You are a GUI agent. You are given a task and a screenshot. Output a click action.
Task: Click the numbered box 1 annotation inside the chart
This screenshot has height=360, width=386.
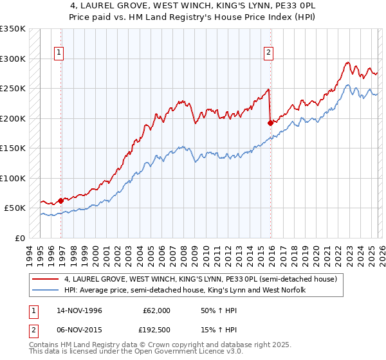(59, 53)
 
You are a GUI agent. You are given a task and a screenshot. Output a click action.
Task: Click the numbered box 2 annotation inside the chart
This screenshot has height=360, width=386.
(268, 53)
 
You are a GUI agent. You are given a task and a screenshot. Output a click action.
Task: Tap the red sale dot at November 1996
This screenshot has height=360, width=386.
(61, 201)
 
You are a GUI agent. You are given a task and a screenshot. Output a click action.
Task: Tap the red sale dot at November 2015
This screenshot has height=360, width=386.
(270, 123)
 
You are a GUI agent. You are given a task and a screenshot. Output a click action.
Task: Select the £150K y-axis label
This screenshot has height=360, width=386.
(12, 148)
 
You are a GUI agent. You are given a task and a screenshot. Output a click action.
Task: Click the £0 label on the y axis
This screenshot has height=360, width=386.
(19, 238)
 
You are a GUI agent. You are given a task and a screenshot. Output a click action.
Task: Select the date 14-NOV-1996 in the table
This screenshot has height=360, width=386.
(79, 310)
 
